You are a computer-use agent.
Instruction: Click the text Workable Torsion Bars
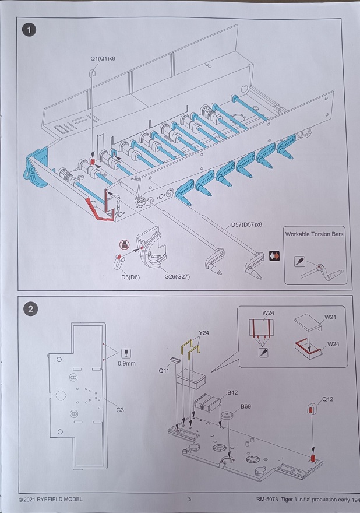pos(315,234)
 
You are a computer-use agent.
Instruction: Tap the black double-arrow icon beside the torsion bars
pos(274,255)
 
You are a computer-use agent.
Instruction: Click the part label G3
pos(120,410)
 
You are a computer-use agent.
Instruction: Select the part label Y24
pos(203,333)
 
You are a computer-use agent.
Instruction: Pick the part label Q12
pos(328,399)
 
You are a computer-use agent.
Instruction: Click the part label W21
pos(330,318)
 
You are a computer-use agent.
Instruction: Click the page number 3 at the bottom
pos(189,499)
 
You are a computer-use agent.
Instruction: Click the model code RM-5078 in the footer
pos(270,499)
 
